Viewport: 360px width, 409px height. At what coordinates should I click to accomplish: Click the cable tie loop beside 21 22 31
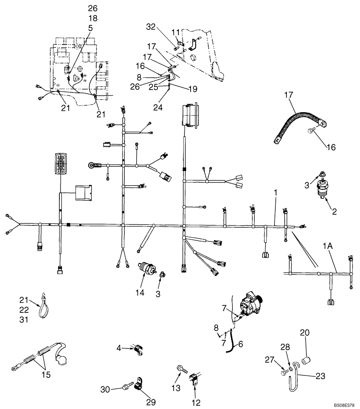(x=43, y=307)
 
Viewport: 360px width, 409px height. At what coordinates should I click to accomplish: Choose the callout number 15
(x=46, y=375)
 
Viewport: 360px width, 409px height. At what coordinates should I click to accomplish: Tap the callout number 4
(x=119, y=348)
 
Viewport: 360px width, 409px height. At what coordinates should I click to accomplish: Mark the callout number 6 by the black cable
(x=241, y=344)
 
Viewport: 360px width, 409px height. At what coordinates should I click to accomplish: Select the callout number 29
(x=151, y=402)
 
